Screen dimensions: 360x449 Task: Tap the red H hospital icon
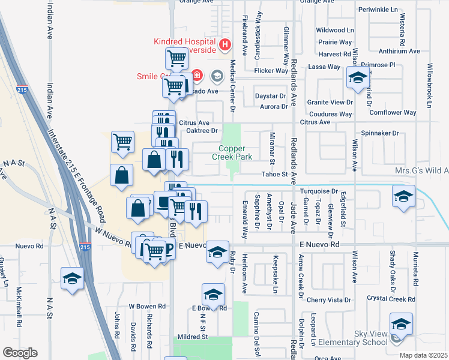coord(224,44)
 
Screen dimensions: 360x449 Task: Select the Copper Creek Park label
coord(232,152)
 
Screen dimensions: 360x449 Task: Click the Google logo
coord(20,353)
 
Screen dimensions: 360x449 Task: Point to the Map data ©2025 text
coord(424,355)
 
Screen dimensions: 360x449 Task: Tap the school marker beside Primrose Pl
coord(358,78)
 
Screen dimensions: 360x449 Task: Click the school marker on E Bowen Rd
coord(212,294)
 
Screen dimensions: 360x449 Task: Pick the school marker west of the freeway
coord(72,278)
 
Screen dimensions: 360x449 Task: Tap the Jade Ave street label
coord(294,212)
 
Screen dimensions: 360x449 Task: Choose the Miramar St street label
coord(272,148)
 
